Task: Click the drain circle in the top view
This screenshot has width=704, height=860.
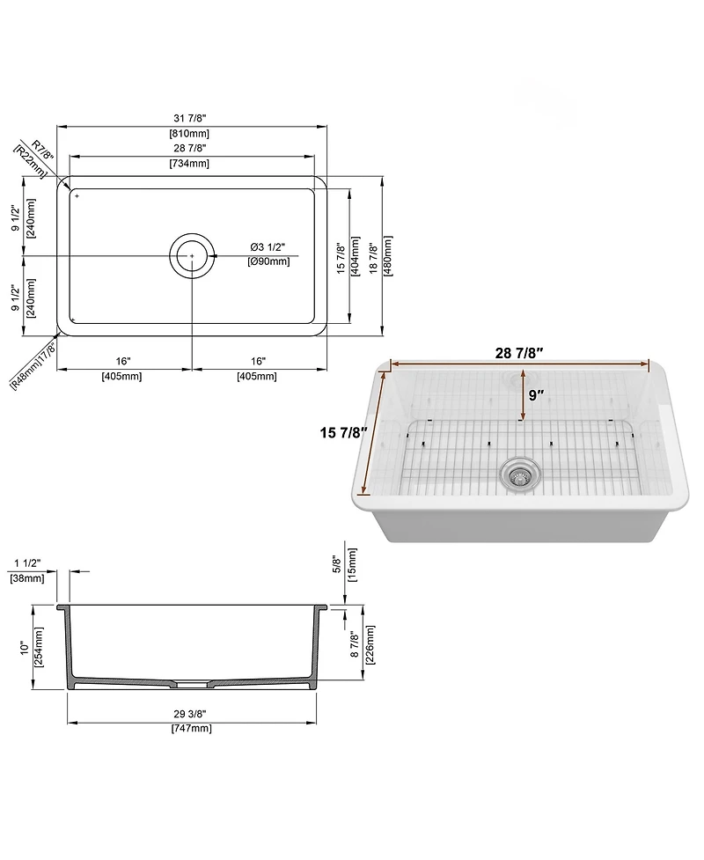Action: pyautogui.click(x=192, y=255)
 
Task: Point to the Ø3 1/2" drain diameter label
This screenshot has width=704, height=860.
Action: pyautogui.click(x=268, y=246)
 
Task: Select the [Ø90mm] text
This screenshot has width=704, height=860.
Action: pyautogui.click(x=268, y=261)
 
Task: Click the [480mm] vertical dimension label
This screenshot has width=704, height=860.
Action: pyautogui.click(x=387, y=255)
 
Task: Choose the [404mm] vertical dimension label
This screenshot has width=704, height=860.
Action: pyautogui.click(x=356, y=255)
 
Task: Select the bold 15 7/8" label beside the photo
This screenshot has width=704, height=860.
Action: pyautogui.click(x=343, y=432)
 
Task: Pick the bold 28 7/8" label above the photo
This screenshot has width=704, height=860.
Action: pyautogui.click(x=519, y=353)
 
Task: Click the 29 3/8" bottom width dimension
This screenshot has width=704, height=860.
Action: pyautogui.click(x=191, y=714)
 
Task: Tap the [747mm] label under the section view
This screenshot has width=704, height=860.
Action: pyautogui.click(x=191, y=728)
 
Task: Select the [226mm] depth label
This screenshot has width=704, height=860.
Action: pyautogui.click(x=370, y=644)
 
